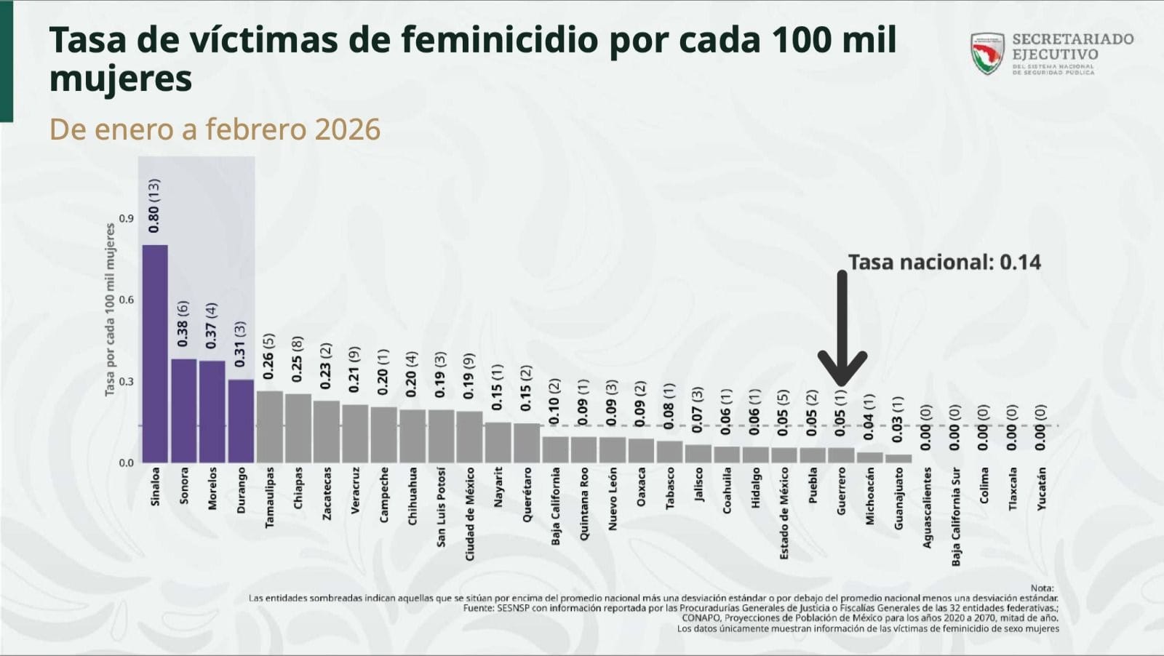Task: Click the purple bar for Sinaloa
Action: point(155,354)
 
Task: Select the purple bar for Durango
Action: point(241,421)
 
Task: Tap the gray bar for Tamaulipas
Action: point(269,427)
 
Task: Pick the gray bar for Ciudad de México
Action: point(469,437)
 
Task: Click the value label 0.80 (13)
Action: point(154,206)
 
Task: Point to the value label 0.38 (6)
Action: point(183,324)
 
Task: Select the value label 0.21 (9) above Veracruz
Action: point(354,369)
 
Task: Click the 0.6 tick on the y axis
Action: point(127,300)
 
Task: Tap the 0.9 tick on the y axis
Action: point(127,218)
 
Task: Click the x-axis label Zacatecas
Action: point(327,493)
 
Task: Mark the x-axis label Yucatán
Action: point(1041,488)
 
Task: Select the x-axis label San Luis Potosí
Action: point(441,507)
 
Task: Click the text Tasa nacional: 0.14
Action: point(944,262)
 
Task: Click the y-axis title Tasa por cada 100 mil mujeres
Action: point(110,310)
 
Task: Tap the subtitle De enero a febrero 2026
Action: point(215,129)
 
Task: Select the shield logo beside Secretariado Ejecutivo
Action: point(987,53)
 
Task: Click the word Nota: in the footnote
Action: point(1042,588)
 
